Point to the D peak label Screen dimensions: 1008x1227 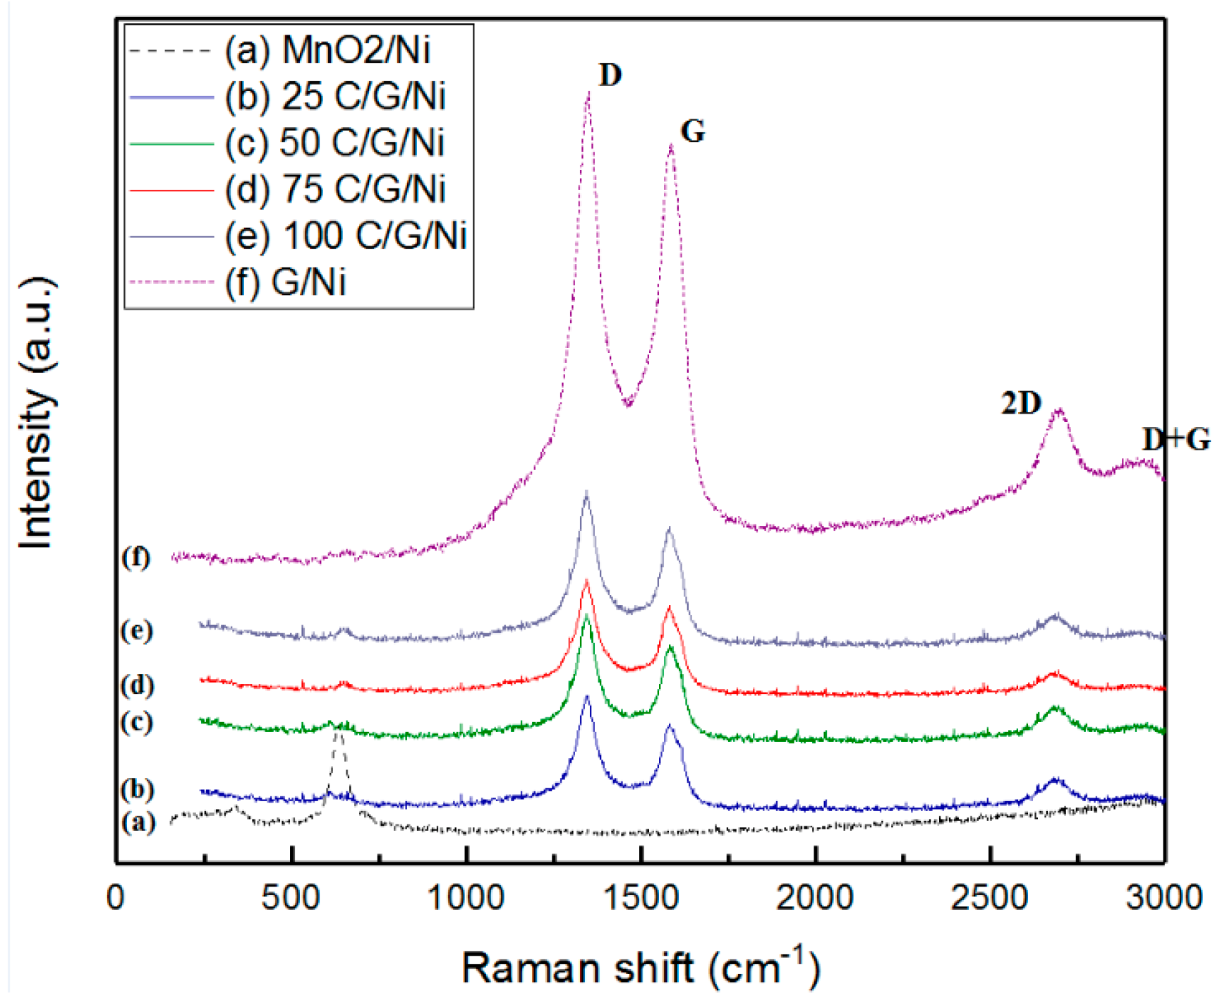(610, 75)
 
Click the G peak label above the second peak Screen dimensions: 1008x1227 (692, 131)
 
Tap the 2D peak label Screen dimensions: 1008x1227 (1021, 403)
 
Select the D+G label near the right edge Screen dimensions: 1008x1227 (1176, 440)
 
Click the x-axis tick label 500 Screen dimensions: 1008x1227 (291, 899)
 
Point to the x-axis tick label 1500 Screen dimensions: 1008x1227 (641, 899)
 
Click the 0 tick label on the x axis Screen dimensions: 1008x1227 (116, 899)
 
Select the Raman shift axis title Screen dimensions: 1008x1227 (641, 967)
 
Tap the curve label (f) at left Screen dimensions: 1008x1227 (135, 558)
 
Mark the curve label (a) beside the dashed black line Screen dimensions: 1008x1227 (138, 822)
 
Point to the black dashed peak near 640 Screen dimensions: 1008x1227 (339, 734)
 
